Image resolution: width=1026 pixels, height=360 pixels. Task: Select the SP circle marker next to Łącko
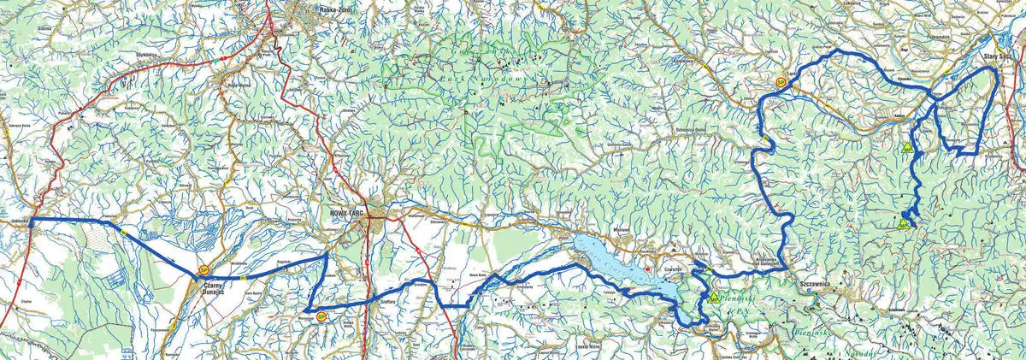[x=781, y=83]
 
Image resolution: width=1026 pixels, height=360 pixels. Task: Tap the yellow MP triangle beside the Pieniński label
[x=711, y=298]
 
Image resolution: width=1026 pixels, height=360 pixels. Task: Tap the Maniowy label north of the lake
[x=622, y=230]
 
